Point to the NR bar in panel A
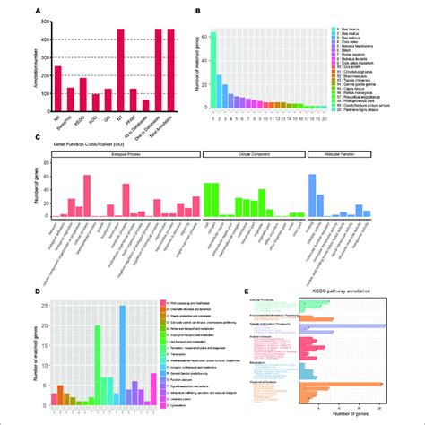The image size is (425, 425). point(56,86)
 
